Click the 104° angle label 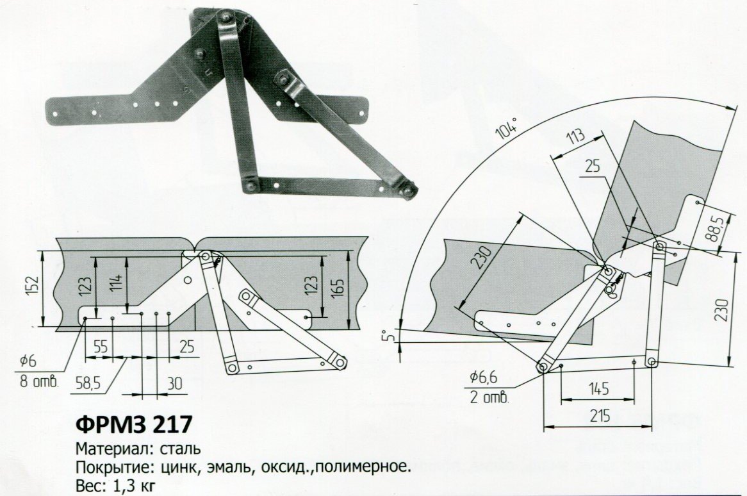tap(506, 129)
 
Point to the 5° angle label tap(391, 335)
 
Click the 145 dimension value tap(599, 388)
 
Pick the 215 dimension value tap(600, 416)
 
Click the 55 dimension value tap(101, 347)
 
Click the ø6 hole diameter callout tap(28, 361)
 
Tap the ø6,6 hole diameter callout tap(484, 377)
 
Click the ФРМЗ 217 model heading tap(134, 424)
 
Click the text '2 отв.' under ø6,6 tap(489, 398)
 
